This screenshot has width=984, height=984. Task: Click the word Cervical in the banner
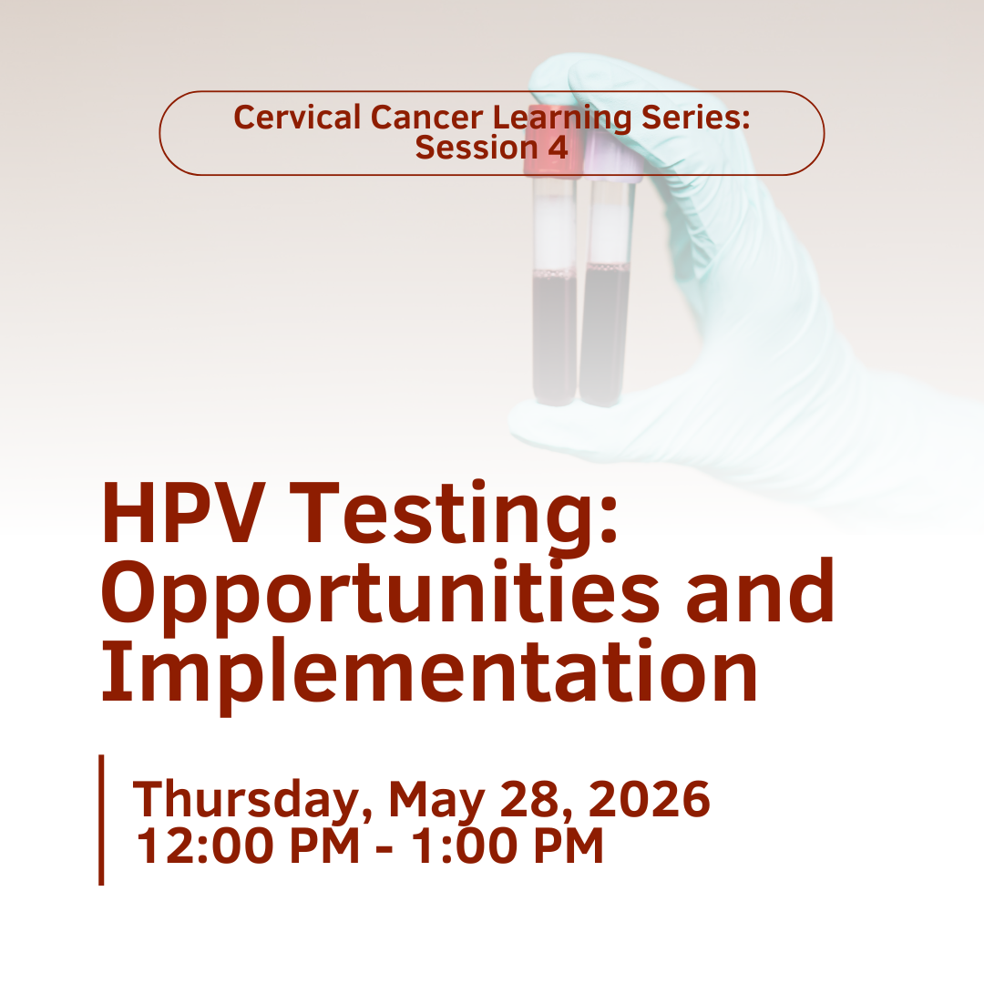pyautogui.click(x=297, y=118)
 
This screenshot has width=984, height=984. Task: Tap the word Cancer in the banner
pyautogui.click(x=426, y=118)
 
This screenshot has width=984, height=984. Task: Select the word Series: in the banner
pyautogui.click(x=695, y=118)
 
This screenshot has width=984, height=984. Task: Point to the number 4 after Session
pyautogui.click(x=558, y=148)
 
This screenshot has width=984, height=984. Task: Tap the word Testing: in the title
pyautogui.click(x=453, y=518)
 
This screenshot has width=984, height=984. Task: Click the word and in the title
pyautogui.click(x=760, y=589)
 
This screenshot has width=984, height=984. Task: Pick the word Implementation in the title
pyautogui.click(x=429, y=671)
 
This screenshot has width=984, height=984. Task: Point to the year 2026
pyautogui.click(x=649, y=798)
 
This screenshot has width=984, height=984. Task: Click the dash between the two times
pyautogui.click(x=384, y=849)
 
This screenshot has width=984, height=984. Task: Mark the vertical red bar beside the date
pyautogui.click(x=101, y=820)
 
